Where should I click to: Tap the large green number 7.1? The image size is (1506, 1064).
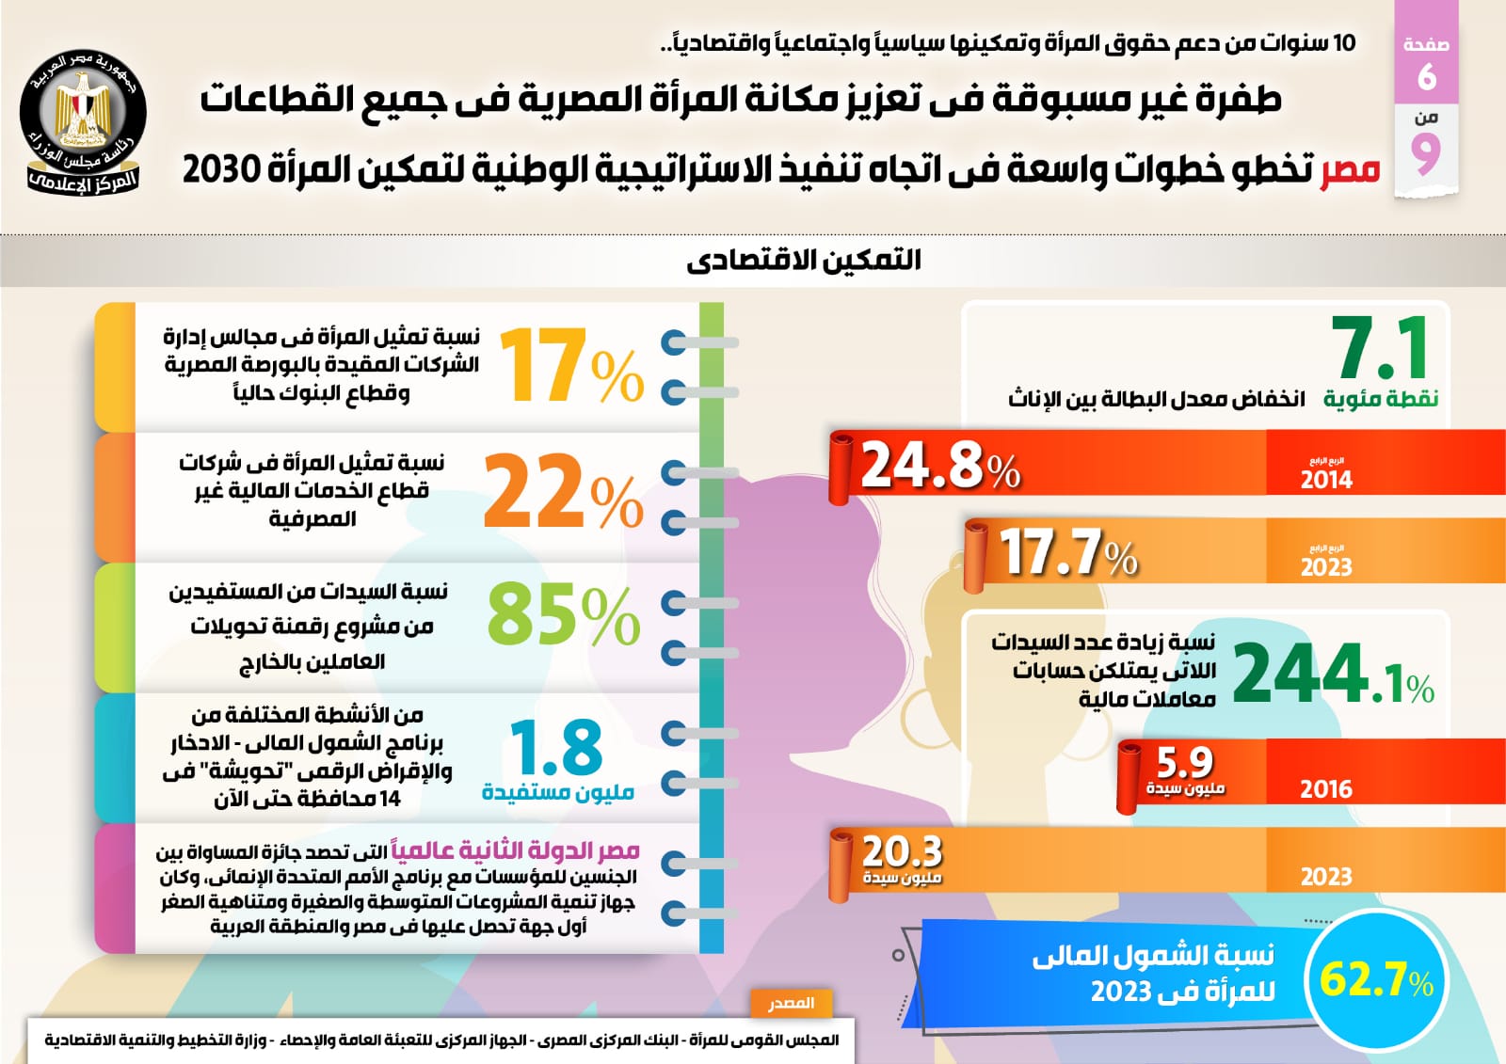pyautogui.click(x=1382, y=348)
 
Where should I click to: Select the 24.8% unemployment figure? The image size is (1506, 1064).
pyautogui.click(x=939, y=466)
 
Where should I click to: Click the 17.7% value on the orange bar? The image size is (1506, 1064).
pyautogui.click(x=1067, y=552)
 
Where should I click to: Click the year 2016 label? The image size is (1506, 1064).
pyautogui.click(x=1325, y=789)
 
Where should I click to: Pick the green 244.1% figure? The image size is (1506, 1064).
pyautogui.click(x=1331, y=674)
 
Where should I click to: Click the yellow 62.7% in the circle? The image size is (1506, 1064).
pyautogui.click(x=1375, y=979)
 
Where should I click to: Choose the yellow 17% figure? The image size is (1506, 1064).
pyautogui.click(x=570, y=368)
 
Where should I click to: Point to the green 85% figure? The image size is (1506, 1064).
pyautogui.click(x=563, y=615)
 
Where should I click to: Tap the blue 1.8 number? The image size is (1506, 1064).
pyautogui.click(x=556, y=748)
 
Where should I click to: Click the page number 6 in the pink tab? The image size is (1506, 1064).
pyautogui.click(x=1426, y=76)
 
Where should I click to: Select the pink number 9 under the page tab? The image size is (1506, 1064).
pyautogui.click(x=1426, y=153)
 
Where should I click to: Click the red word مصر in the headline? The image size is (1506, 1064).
pyautogui.click(x=1349, y=169)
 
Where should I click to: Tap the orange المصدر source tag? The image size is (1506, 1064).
pyautogui.click(x=791, y=1003)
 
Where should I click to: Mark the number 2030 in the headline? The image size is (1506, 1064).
pyautogui.click(x=220, y=169)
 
